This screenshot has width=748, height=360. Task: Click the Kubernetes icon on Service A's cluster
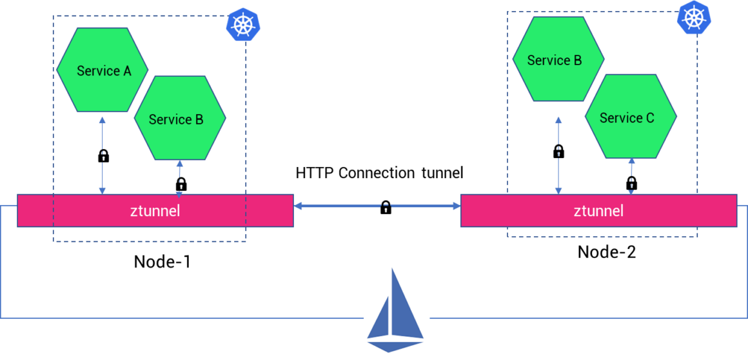[242, 25]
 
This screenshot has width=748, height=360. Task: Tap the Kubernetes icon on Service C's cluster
[693, 17]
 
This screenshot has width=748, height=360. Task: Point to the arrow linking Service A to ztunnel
[102, 155]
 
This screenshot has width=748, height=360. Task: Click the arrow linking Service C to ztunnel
[631, 175]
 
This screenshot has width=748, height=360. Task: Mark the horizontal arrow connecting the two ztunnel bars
[377, 206]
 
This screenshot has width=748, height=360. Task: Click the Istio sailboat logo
[396, 309]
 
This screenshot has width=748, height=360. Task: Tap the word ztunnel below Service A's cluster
[155, 210]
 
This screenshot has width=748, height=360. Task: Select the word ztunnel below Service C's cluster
[598, 210]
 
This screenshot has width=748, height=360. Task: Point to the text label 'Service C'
[627, 118]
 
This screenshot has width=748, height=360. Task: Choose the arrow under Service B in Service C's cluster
[558, 155]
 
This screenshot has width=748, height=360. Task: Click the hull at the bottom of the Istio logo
[395, 345]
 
